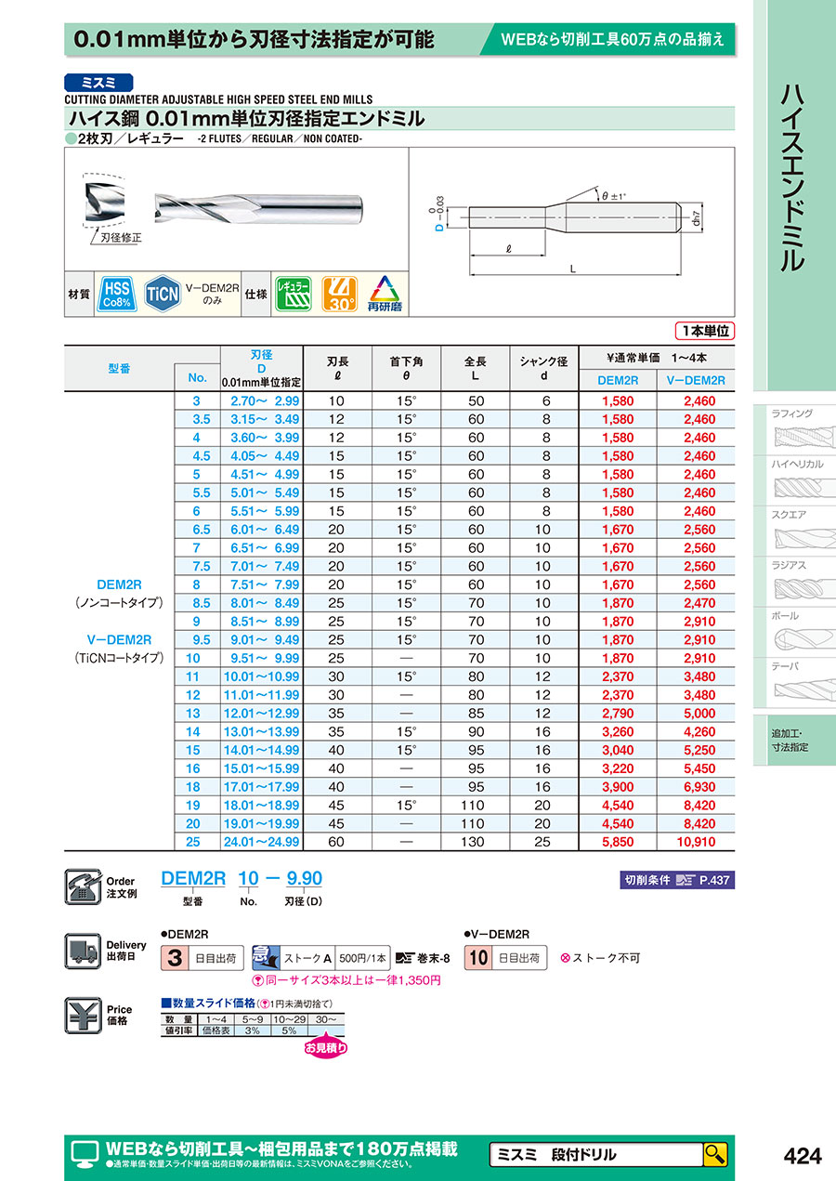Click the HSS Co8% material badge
tap(116, 293)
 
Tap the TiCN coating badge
tap(162, 293)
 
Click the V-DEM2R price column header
tap(696, 379)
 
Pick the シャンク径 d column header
tap(546, 368)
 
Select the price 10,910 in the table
tap(695, 842)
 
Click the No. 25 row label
tap(196, 842)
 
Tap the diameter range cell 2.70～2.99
tap(265, 400)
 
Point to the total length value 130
tap(476, 842)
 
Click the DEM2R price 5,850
tap(618, 842)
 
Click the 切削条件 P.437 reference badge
tap(675, 879)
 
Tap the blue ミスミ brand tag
tap(98, 82)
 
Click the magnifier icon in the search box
tap(715, 1154)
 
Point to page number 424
tap(803, 1155)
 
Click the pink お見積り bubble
tap(326, 1048)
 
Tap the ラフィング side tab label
tap(792, 413)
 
